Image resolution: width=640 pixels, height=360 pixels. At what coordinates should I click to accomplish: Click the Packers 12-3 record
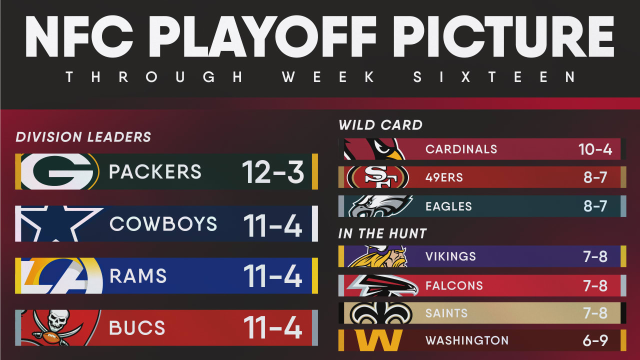(273, 171)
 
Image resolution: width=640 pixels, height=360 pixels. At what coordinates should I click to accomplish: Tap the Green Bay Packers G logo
(60, 171)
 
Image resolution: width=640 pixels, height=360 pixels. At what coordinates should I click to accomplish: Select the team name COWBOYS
(163, 223)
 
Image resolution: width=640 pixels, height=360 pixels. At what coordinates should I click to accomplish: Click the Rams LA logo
(61, 275)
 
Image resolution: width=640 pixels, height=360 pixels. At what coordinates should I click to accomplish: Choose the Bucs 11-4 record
(273, 327)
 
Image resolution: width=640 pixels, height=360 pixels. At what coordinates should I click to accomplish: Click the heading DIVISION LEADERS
(83, 137)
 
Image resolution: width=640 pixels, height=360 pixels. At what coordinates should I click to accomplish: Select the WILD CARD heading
(380, 125)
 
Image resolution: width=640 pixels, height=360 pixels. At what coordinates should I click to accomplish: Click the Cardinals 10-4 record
(595, 149)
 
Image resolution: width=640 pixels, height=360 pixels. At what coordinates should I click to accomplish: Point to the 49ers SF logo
(377, 177)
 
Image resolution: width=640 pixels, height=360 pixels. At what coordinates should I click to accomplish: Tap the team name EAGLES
(448, 206)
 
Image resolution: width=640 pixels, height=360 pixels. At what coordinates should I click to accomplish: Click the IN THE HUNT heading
(382, 233)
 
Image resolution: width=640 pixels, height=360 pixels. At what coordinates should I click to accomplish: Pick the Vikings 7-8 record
(595, 256)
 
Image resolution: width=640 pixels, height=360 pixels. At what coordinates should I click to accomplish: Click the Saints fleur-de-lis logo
(381, 313)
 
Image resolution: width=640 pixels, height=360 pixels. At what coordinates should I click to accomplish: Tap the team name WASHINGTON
(467, 340)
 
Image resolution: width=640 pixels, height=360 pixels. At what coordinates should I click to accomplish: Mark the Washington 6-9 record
(595, 340)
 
